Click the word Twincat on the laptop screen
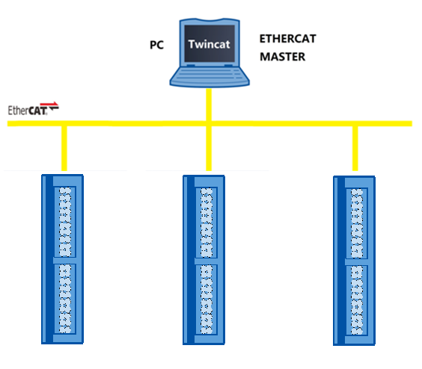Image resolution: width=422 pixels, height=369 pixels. (210, 43)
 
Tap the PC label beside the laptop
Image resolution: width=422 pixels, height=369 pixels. (157, 44)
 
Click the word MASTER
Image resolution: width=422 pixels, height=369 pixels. (282, 56)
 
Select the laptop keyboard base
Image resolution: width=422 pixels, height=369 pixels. (210, 77)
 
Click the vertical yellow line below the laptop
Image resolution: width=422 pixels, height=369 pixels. (210, 105)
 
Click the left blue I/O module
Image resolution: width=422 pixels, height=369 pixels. (63, 258)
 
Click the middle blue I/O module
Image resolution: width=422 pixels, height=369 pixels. (204, 258)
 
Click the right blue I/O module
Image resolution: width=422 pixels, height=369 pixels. (354, 258)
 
